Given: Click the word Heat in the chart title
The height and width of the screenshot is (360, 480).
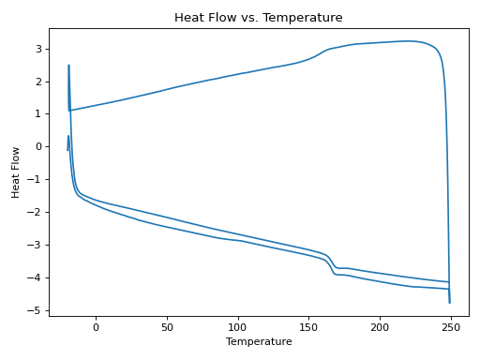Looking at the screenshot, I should (x=190, y=18).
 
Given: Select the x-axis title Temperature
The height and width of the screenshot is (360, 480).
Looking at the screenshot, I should (x=259, y=342).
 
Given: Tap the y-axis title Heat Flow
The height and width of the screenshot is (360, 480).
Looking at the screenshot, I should (x=16, y=172).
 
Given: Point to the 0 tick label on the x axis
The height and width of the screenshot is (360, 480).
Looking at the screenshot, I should (x=96, y=326).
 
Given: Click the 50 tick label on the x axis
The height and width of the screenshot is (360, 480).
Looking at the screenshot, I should (x=167, y=326).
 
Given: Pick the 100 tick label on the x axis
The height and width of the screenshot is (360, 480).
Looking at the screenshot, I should (x=238, y=326).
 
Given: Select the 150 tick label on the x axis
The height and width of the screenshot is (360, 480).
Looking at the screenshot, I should (x=309, y=326).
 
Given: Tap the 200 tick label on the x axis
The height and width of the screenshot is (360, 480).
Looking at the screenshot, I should (x=380, y=326).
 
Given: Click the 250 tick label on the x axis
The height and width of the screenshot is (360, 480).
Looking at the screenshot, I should (x=451, y=326).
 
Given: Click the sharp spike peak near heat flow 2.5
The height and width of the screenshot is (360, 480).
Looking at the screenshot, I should (x=68, y=66).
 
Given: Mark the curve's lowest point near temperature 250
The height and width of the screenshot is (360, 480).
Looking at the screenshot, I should (x=449, y=302).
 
